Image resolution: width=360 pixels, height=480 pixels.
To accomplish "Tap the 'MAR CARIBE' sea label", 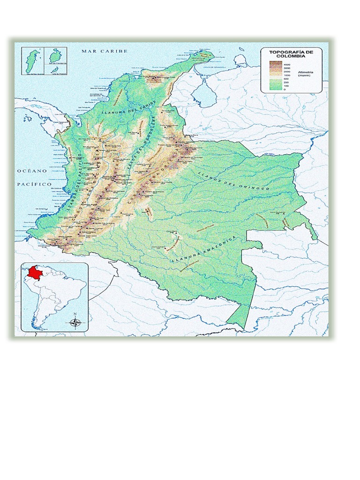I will pyautogui.click(x=105, y=51).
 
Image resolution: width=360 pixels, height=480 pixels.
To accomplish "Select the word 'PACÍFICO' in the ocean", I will pyautogui.click(x=34, y=185).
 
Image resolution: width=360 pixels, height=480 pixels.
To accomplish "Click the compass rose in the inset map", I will pyautogui.click(x=75, y=322).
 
